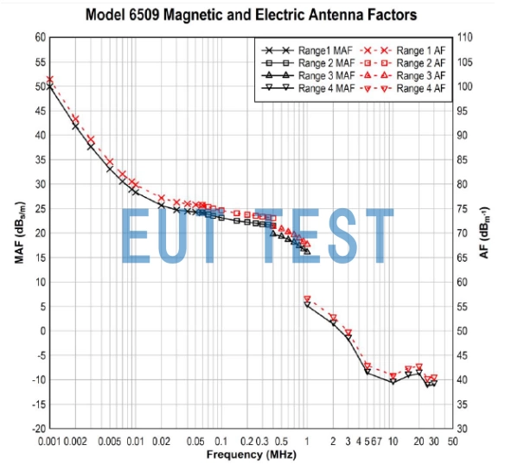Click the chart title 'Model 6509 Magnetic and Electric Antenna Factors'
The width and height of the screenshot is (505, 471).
(251, 15)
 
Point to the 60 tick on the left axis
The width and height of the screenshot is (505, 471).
(39, 37)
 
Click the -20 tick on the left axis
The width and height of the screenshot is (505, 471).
(37, 429)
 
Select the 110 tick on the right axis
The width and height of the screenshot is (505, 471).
(466, 37)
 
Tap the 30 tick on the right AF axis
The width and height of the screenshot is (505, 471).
(463, 429)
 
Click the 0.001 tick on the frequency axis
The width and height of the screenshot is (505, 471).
(49, 442)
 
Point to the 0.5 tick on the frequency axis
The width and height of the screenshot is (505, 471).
(281, 442)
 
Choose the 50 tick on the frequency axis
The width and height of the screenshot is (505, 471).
(452, 442)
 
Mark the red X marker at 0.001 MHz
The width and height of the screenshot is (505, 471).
(49, 80)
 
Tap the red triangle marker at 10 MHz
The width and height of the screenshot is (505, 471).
(393, 377)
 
